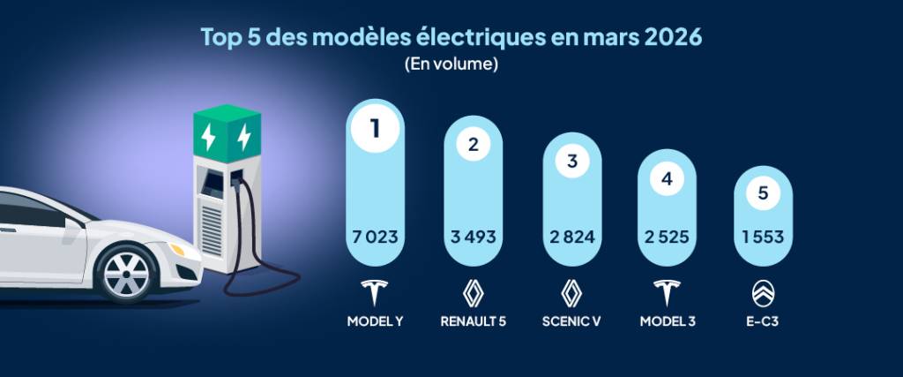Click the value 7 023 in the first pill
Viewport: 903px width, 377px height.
point(375,237)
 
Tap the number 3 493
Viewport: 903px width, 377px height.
point(473,237)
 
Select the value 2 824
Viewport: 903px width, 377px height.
point(571,237)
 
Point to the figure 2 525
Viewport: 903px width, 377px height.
point(667,237)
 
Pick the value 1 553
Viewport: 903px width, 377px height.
point(762,237)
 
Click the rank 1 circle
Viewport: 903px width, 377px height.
point(375,129)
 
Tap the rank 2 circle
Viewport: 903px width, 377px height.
point(473,146)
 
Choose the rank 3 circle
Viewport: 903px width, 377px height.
point(571,162)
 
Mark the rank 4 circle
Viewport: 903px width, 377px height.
point(667,177)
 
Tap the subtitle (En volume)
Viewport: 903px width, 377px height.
point(451,64)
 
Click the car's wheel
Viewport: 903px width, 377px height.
point(127,273)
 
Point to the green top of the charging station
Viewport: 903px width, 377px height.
point(227,133)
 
